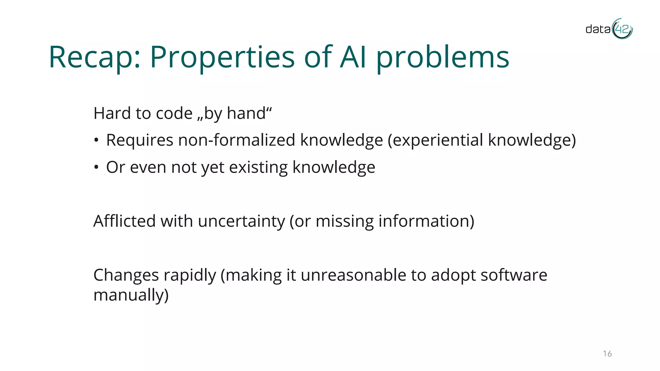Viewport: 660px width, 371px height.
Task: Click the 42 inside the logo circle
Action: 622,30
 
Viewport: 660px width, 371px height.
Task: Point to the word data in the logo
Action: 598,30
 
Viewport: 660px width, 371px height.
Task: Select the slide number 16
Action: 607,354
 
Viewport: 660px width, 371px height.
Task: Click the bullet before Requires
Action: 96,140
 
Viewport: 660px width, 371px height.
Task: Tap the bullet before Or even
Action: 96,167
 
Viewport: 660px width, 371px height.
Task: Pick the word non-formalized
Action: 237,140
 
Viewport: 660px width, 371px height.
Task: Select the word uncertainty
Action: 241,221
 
